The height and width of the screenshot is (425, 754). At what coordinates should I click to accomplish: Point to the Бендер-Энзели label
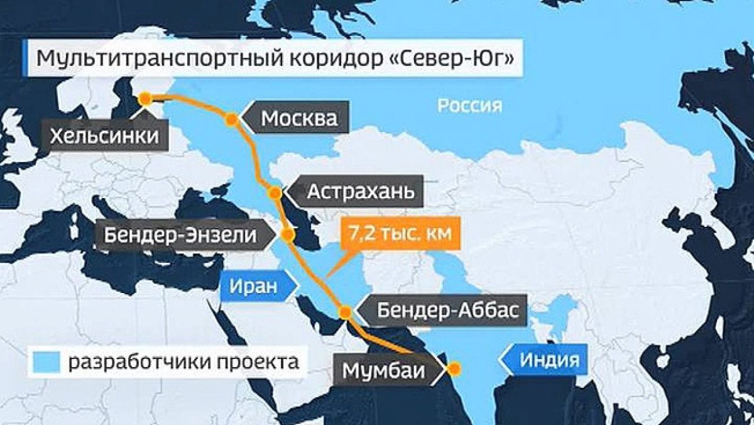181,236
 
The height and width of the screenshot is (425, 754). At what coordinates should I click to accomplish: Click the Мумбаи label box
383,370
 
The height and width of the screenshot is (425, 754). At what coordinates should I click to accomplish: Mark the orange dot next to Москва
232,118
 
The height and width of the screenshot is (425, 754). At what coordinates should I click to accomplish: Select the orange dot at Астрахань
275,192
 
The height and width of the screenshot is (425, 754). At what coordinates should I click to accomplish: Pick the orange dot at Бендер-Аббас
345,311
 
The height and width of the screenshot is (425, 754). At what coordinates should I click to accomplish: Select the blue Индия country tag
547,360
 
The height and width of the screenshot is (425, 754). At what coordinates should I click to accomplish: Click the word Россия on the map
470,105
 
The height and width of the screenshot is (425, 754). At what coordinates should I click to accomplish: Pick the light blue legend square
45,362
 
